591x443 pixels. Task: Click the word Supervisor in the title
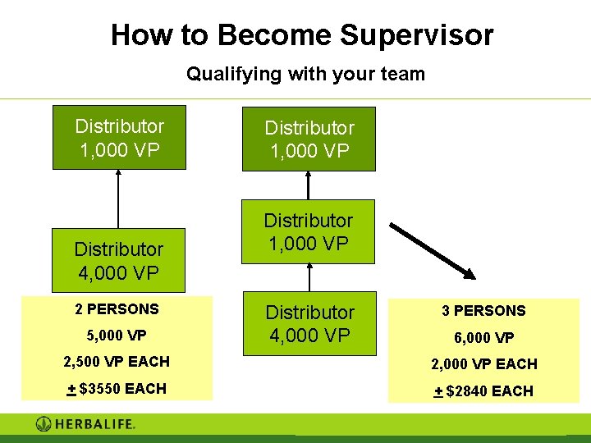[416, 35]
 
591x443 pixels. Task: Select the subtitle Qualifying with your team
[305, 74]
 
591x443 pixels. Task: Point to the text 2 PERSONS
[117, 309]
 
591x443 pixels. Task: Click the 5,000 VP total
[117, 335]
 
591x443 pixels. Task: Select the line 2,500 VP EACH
[117, 362]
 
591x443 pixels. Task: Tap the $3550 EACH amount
[117, 389]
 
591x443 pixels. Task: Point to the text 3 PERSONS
[483, 311]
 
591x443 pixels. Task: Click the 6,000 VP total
[483, 337]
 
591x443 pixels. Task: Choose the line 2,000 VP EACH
[483, 364]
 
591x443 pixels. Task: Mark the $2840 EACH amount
[483, 391]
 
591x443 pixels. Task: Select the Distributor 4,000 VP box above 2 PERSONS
[119, 260]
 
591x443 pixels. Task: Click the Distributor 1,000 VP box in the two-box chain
[119, 137]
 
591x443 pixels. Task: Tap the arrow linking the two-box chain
[119, 199]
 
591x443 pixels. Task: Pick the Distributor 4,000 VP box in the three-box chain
[309, 324]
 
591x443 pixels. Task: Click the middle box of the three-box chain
[308, 231]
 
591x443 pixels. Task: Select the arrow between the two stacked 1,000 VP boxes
[309, 185]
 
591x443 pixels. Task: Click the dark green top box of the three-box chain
[309, 139]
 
